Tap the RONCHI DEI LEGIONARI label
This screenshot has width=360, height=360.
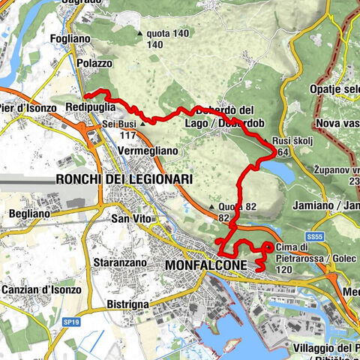pos(124,179)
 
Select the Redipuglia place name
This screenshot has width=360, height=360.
pos(91,107)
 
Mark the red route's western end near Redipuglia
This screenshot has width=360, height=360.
pos(85,96)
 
